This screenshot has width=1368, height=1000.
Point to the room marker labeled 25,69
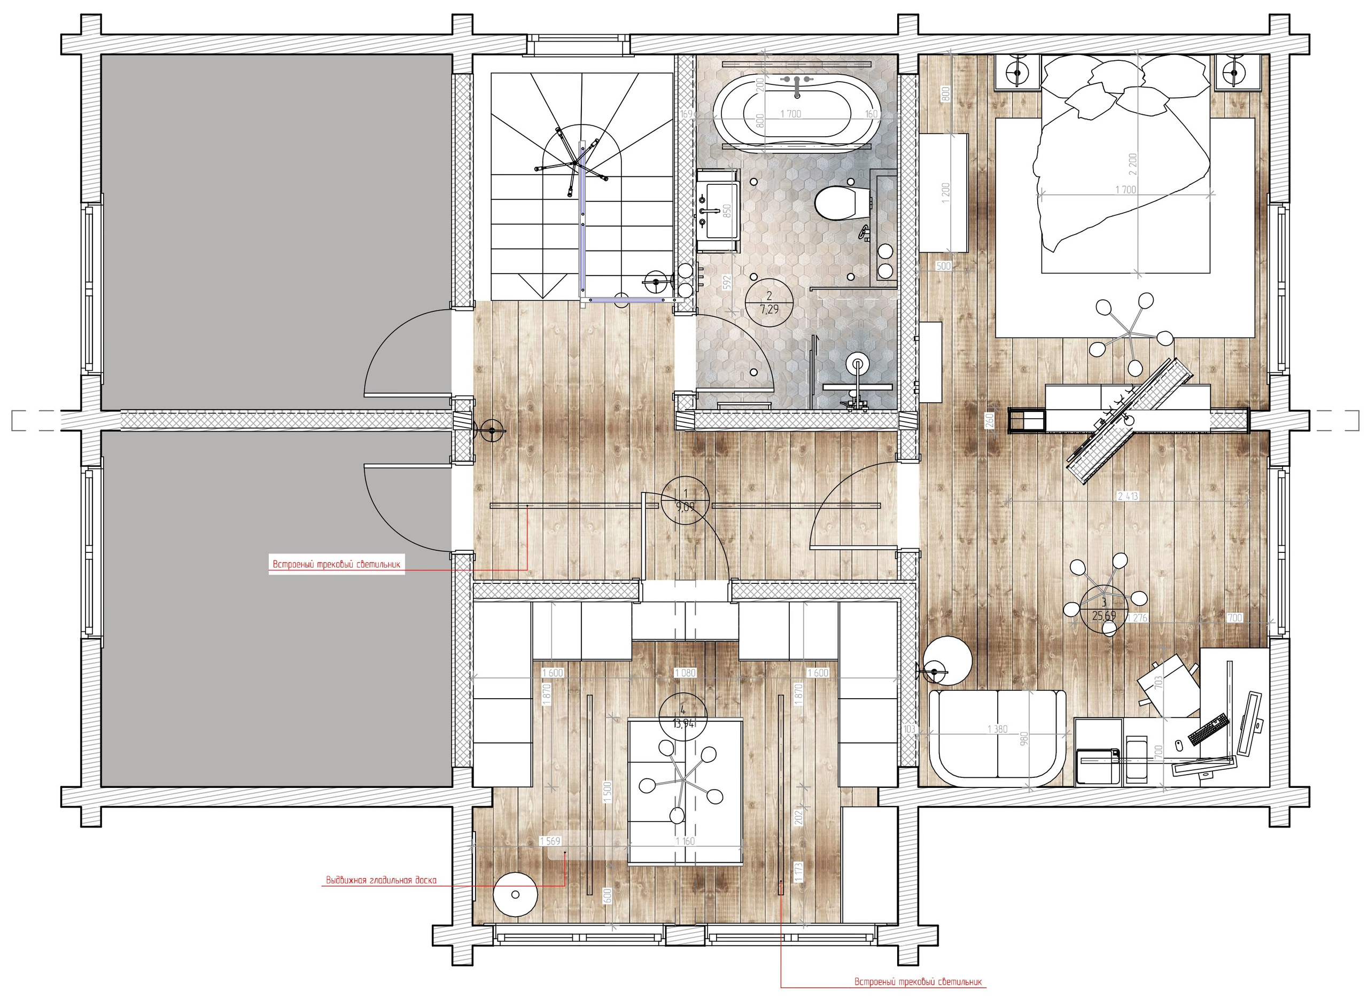coord(1104,610)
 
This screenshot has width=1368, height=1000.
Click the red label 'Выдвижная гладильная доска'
coord(381,880)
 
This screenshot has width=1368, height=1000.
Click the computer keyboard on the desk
coord(1209,729)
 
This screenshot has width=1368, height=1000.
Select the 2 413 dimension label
coord(1128,496)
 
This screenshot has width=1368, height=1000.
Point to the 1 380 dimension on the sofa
coord(997,729)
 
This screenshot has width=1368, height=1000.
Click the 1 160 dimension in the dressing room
coord(685,841)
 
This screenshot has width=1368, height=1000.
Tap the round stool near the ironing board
coord(515,894)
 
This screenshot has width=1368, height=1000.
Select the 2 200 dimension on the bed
coord(1132,163)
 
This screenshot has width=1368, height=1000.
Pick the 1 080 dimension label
coord(686,673)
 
